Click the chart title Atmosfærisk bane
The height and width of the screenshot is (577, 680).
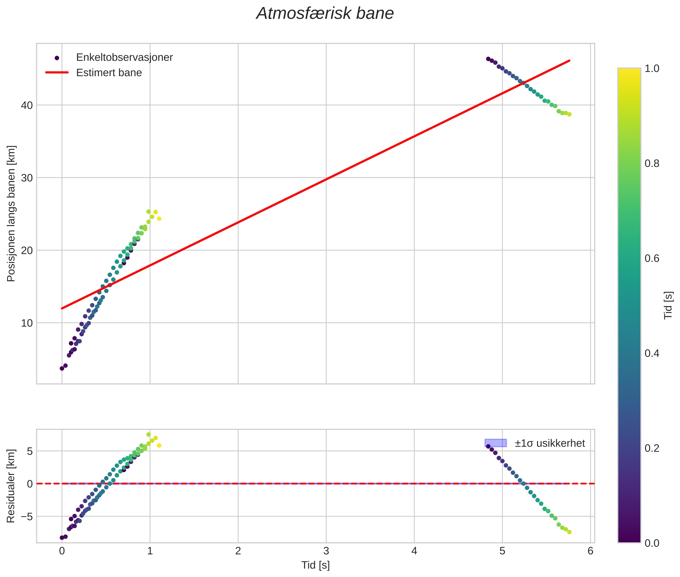(325, 14)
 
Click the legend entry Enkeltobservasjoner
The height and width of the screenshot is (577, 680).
(124, 58)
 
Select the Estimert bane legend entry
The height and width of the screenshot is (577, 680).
(109, 73)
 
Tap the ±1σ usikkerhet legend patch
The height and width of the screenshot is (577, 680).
(496, 443)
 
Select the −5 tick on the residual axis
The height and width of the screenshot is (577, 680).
(25, 516)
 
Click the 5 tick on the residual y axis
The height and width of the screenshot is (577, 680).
(30, 451)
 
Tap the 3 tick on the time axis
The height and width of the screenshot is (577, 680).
(326, 551)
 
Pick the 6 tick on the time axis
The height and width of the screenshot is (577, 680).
(590, 551)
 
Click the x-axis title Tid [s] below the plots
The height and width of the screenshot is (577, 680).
(315, 565)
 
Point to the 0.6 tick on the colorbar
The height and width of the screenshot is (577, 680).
(652, 258)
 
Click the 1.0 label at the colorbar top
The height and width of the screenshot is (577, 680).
(652, 68)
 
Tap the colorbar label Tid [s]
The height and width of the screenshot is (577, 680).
(668, 305)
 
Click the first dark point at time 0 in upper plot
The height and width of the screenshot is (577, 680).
(62, 368)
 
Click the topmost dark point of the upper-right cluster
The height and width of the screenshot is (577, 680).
(488, 59)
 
